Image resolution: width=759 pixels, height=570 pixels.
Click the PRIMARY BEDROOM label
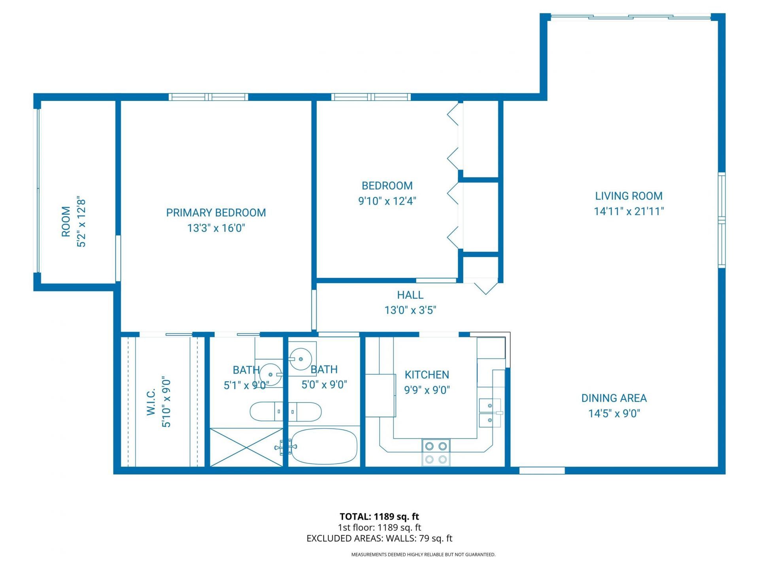tap(216, 213)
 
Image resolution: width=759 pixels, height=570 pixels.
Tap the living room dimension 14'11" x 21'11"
tap(629, 211)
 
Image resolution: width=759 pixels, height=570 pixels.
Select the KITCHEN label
tap(427, 375)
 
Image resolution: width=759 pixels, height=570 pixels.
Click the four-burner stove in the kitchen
tap(436, 452)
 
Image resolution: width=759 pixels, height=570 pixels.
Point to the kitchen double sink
tap(490, 413)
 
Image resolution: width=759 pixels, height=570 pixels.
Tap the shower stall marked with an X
tap(246, 447)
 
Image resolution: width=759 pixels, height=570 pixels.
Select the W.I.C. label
tap(151, 402)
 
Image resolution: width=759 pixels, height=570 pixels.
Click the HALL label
tap(410, 295)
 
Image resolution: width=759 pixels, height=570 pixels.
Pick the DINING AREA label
tap(614, 398)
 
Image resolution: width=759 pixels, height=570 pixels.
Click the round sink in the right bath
tap(301, 359)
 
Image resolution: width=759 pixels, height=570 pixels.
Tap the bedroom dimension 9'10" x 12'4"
tap(387, 201)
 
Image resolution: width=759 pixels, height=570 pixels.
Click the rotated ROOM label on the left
tap(66, 222)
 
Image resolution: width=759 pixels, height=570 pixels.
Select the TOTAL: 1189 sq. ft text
tap(379, 517)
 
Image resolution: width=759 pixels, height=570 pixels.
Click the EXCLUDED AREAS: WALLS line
tap(379, 538)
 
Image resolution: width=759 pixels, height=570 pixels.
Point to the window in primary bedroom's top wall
tap(208, 97)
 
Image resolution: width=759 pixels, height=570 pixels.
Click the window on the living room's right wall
tap(721, 220)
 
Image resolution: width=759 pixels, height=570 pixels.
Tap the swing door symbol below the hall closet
tap(485, 287)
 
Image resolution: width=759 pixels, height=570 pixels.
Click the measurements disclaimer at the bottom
tap(423, 555)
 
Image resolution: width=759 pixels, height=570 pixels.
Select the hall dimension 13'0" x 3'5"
tap(410, 310)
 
